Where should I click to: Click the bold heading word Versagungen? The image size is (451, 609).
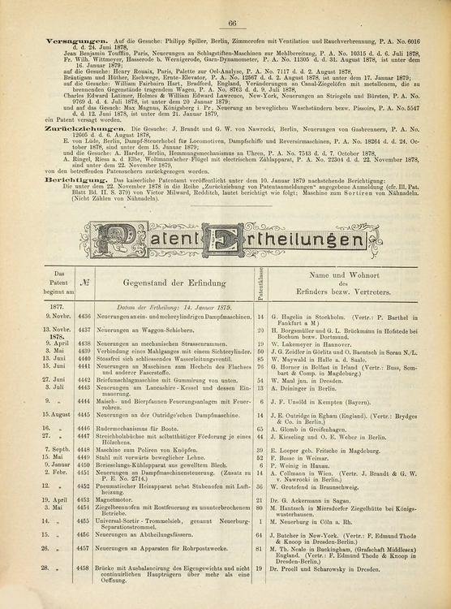pos(48,40)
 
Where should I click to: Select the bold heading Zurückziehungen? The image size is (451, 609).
pos(53,129)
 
